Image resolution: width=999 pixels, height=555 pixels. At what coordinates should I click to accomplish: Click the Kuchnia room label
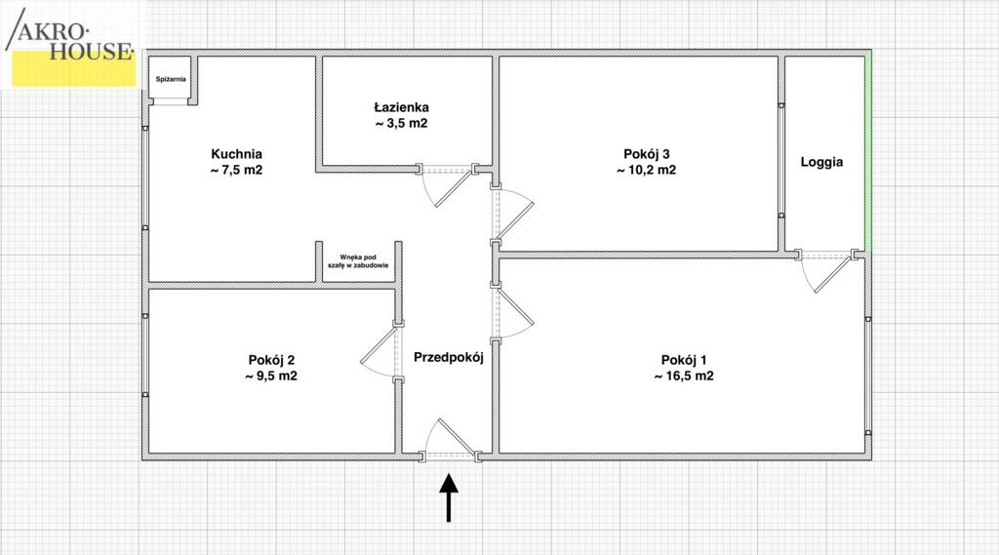click(x=236, y=154)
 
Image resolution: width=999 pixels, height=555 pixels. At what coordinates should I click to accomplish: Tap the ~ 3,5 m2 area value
click(x=401, y=124)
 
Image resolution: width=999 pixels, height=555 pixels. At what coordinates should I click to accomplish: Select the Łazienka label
click(x=401, y=107)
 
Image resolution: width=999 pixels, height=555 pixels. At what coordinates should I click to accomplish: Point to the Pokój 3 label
click(x=646, y=154)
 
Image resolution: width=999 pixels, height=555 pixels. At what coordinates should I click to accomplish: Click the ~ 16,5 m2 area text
click(x=684, y=376)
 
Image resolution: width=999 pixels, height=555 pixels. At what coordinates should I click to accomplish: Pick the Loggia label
click(x=821, y=162)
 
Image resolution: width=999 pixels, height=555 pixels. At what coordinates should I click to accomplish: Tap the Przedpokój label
click(x=449, y=357)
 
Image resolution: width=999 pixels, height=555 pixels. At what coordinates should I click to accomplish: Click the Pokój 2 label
click(x=271, y=360)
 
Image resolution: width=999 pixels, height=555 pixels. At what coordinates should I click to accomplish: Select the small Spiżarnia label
click(x=171, y=79)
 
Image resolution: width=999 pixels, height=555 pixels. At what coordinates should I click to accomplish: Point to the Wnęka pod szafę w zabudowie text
click(x=358, y=261)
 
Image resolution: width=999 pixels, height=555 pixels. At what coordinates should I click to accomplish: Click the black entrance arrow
click(x=449, y=497)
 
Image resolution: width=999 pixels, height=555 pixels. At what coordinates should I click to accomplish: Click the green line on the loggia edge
click(x=867, y=153)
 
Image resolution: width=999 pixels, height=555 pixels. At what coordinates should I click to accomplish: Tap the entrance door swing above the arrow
click(x=450, y=436)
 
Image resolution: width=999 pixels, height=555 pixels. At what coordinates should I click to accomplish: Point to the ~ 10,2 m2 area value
click(x=646, y=170)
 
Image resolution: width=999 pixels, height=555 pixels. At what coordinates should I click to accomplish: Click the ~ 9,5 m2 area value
click(x=271, y=376)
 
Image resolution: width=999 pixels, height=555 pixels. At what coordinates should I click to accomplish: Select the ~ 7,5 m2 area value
click(x=236, y=170)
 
